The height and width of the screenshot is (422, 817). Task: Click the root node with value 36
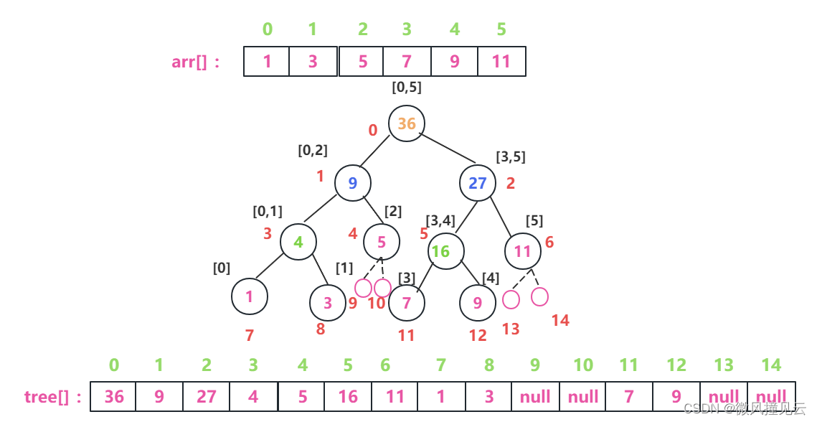pyautogui.click(x=407, y=123)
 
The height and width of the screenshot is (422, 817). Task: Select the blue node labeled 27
pyautogui.click(x=478, y=183)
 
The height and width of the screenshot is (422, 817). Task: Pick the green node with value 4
pyautogui.click(x=298, y=242)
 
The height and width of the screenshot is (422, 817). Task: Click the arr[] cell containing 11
pyautogui.click(x=501, y=62)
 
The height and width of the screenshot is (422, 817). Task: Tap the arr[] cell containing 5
pyautogui.click(x=362, y=62)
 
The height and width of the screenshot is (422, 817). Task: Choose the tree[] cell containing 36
pyautogui.click(x=114, y=396)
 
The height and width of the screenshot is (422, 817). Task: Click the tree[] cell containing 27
pyautogui.click(x=206, y=396)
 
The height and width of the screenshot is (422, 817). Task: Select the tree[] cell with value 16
pyautogui.click(x=347, y=396)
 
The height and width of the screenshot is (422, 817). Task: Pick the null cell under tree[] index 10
pyautogui.click(x=582, y=396)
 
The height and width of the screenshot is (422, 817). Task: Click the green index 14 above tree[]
pyautogui.click(x=770, y=365)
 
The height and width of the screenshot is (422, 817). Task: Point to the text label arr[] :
pyautogui.click(x=196, y=62)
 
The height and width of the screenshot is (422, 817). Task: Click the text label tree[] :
pyautogui.click(x=53, y=396)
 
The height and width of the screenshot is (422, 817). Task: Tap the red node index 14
pyautogui.click(x=560, y=321)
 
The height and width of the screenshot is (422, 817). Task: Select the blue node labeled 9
pyautogui.click(x=352, y=182)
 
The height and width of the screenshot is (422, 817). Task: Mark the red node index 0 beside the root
pyautogui.click(x=372, y=131)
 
